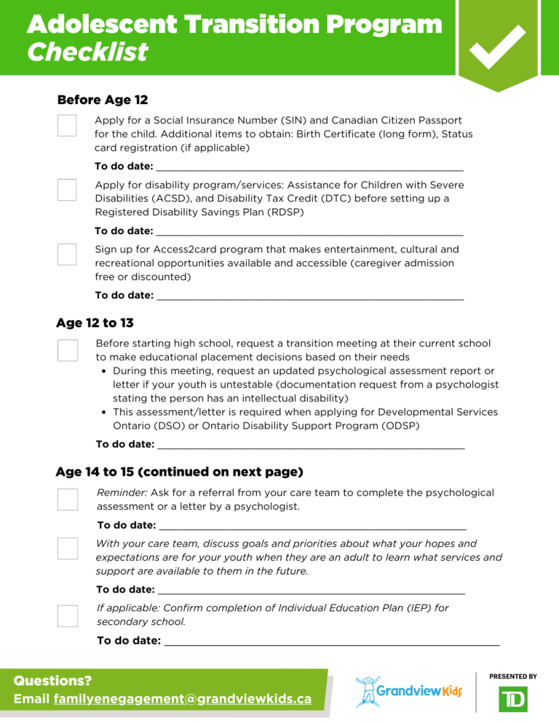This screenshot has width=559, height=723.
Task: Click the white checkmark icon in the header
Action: click(499, 46)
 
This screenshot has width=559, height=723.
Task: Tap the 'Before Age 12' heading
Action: click(102, 100)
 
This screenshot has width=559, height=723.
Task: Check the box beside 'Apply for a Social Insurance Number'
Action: click(67, 125)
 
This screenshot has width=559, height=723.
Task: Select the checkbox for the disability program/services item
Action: click(67, 190)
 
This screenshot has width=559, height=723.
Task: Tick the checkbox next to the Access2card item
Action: click(67, 255)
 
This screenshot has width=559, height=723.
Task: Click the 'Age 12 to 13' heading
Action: click(95, 323)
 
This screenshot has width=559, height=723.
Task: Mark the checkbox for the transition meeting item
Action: click(68, 350)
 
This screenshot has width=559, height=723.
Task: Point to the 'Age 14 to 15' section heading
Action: click(179, 472)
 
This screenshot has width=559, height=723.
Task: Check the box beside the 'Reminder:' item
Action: click(68, 499)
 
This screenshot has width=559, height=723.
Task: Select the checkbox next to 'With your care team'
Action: click(68, 548)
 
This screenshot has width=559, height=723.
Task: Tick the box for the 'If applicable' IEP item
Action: click(68, 615)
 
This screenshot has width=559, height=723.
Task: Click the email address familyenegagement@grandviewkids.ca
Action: click(183, 699)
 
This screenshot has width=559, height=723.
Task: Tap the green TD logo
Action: click(513, 698)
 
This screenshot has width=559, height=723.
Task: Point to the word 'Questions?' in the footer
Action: click(52, 681)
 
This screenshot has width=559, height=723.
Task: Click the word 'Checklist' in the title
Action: click(87, 52)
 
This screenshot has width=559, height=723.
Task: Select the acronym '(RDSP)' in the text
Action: click(281, 212)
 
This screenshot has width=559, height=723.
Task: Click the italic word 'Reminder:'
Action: click(122, 492)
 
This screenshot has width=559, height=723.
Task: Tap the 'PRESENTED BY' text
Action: click(513, 676)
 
